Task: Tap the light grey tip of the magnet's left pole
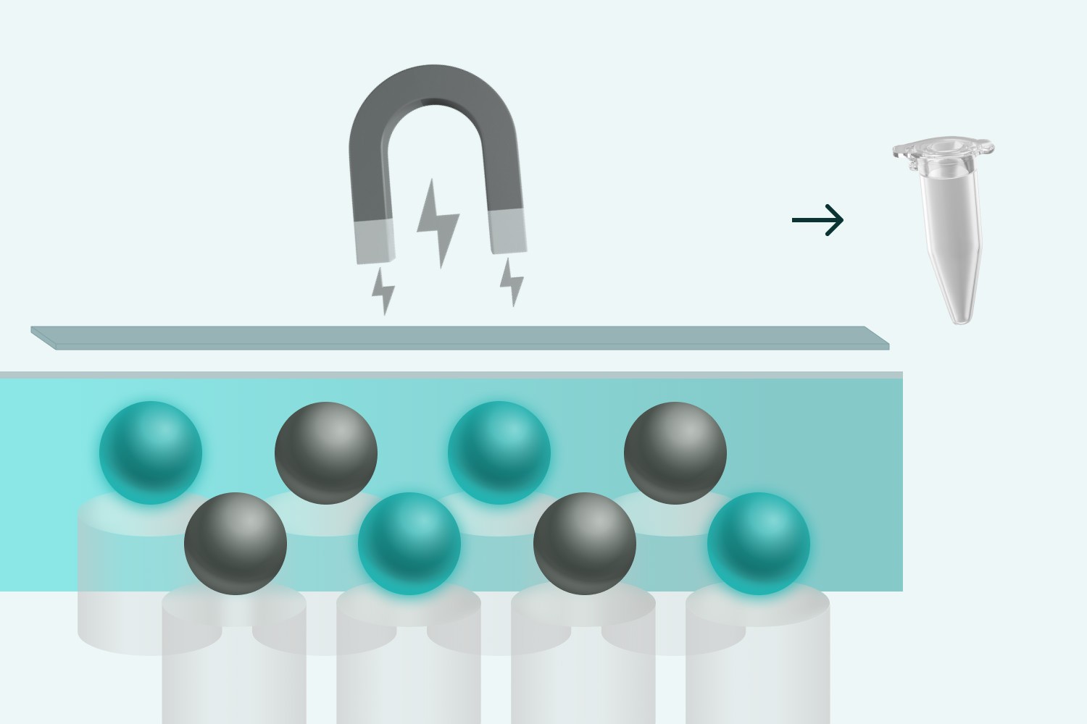coord(374,242)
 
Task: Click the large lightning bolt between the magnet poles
coord(437,222)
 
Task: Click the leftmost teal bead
coord(151,452)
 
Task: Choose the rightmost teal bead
coord(759,543)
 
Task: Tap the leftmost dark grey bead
coord(236,543)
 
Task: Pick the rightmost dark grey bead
coord(675,452)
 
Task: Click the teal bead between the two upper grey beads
coord(499,452)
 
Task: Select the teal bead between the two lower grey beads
coord(409,543)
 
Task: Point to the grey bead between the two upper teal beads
coord(326,452)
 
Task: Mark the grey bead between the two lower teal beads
coord(585,543)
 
